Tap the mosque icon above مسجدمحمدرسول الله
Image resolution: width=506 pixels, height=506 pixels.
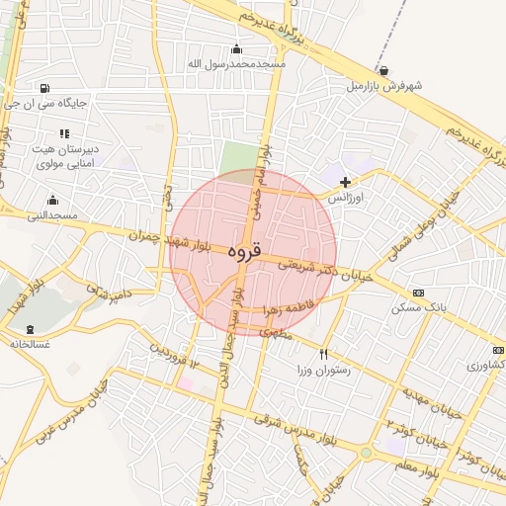pos(236,49)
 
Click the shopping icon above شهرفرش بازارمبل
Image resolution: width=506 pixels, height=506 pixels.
pos(383,71)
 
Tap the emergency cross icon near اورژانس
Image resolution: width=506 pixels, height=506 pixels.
pos(345,182)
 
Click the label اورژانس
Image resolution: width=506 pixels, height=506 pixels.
pos(345,198)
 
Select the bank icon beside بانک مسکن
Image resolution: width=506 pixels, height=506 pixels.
pos(418,293)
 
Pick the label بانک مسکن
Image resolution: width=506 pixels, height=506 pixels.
pos(418,307)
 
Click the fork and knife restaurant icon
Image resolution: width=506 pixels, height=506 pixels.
pos(323,354)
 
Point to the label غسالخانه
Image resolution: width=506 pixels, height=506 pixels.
pos(30,344)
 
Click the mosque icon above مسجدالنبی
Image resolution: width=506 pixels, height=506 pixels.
pos(42,199)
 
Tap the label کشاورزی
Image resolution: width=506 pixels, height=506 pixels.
pos(485,366)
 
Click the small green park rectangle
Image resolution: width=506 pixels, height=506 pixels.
pos(236,157)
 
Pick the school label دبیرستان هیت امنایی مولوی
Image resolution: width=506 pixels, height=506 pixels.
pos(64,154)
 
